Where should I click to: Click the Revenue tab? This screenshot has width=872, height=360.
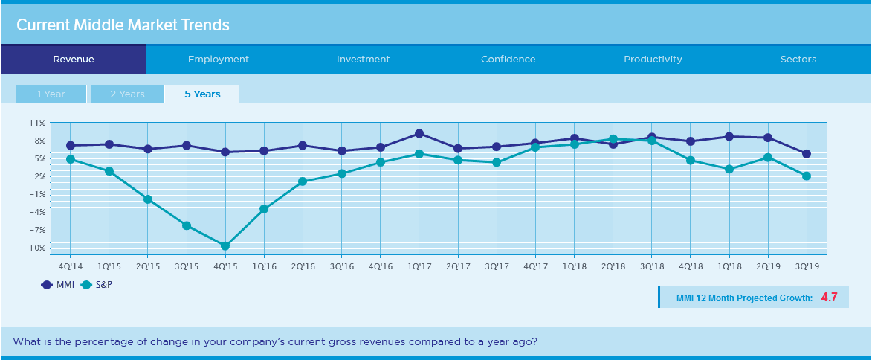74,60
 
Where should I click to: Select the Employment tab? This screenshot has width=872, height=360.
219,60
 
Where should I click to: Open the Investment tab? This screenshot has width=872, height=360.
363,60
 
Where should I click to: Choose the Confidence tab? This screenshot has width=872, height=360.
508,60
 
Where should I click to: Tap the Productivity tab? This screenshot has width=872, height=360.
653,60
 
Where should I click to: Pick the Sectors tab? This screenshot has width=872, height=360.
798,60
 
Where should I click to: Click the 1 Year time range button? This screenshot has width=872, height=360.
51,94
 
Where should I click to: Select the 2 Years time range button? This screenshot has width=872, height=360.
127,94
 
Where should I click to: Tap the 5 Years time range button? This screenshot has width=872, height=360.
202,94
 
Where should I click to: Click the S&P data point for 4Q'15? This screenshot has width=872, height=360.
225,246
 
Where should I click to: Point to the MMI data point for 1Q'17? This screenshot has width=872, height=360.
419,134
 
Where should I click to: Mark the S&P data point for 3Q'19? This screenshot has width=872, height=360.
807,176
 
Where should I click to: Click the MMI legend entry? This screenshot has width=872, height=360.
57,284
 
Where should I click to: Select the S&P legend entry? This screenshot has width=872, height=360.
96,284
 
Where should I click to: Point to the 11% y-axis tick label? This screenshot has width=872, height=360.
37,123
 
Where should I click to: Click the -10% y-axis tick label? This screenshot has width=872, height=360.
35,248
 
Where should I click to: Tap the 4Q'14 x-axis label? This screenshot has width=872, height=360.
70,266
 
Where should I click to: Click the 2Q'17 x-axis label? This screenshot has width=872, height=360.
458,266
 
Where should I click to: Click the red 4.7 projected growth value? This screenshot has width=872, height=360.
830,298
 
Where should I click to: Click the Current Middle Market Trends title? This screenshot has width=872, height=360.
123,25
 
